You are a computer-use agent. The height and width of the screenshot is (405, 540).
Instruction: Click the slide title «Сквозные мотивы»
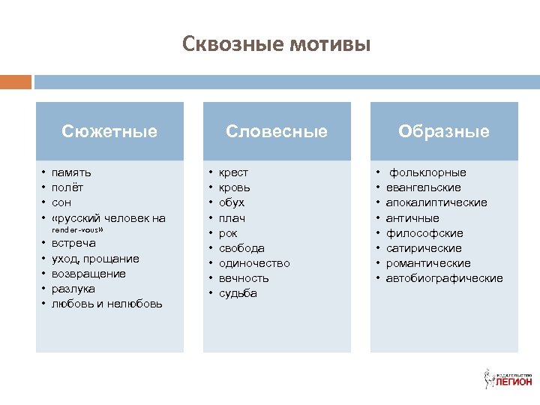276,45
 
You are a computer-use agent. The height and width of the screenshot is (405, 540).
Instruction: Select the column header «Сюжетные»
109,131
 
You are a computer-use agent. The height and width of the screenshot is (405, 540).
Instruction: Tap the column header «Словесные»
277,131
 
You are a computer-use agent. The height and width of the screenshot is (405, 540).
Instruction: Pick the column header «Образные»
444,131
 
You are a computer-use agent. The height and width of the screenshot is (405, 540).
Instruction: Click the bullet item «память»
72,172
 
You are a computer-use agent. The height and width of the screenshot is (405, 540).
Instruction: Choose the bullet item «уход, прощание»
95,259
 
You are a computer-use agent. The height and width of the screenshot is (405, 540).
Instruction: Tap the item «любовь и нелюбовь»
106,304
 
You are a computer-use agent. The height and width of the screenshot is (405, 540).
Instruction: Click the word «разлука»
73,289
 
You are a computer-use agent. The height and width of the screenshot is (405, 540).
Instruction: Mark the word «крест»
233,172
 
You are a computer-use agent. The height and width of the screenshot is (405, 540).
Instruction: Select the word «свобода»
241,248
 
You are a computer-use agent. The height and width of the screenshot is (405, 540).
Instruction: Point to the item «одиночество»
253,263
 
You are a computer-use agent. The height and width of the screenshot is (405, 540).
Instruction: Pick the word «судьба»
238,293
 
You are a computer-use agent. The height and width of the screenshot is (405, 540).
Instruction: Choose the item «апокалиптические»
436,202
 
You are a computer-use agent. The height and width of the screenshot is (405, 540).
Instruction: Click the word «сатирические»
424,248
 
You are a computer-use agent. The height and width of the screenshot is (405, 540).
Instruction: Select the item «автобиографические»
444,278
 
